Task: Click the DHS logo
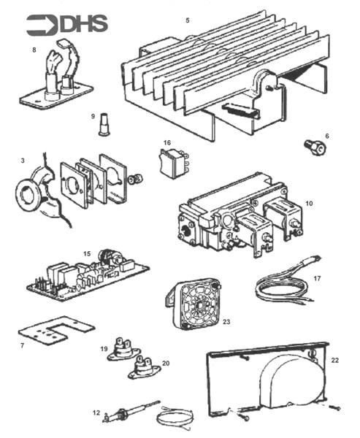pyautogui.click(x=67, y=24)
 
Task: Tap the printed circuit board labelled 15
pyautogui.click(x=88, y=277)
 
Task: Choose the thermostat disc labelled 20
pyautogui.click(x=145, y=370)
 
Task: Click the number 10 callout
pyautogui.click(x=309, y=202)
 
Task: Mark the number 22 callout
pyautogui.click(x=334, y=359)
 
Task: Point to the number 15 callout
pyautogui.click(x=87, y=253)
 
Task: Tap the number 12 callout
pyautogui.click(x=96, y=412)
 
